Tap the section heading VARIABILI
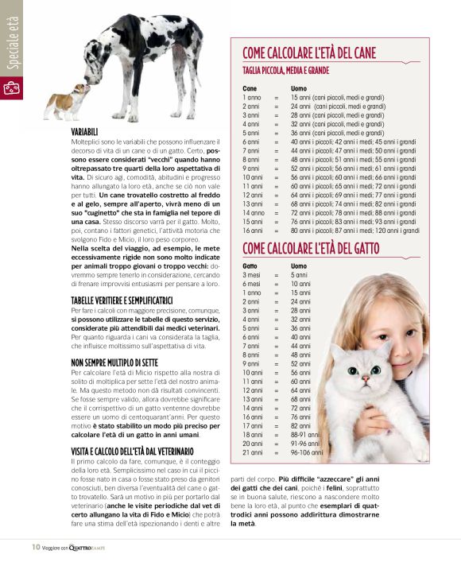click(x=85, y=130)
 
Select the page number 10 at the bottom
click(x=36, y=547)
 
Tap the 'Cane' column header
click(x=250, y=88)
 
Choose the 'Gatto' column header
click(x=250, y=266)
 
